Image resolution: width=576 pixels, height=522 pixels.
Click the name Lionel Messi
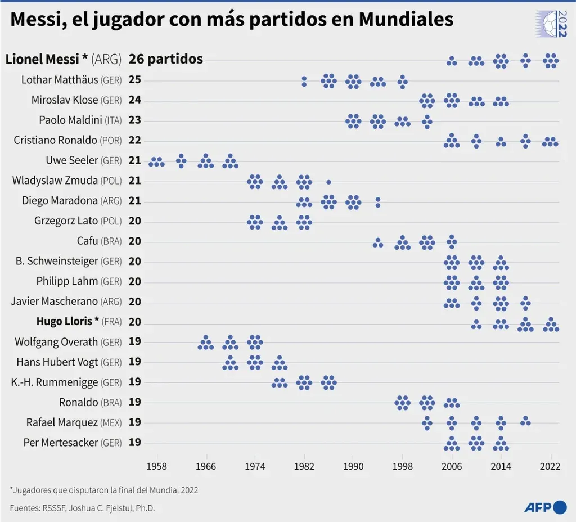click(x=46, y=59)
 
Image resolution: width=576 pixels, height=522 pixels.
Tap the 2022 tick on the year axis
click(x=550, y=466)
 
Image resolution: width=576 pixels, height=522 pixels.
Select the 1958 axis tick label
click(x=156, y=466)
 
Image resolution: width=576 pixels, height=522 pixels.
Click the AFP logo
click(x=544, y=507)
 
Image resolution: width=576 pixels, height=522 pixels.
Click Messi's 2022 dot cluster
click(x=551, y=60)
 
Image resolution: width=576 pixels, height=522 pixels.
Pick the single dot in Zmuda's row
click(x=328, y=182)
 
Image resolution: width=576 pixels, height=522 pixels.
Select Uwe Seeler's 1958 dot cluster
click(x=156, y=162)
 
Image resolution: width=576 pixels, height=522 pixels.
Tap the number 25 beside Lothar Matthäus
click(x=134, y=80)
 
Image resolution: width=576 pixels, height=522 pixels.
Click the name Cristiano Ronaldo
click(x=55, y=140)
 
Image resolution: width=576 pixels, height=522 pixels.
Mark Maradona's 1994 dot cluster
click(x=378, y=202)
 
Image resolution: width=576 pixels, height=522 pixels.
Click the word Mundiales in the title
click(x=406, y=20)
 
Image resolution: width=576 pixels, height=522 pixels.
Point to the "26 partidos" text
click(x=166, y=59)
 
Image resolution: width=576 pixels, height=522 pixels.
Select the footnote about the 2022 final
click(x=103, y=490)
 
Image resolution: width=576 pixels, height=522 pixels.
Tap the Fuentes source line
click(x=82, y=508)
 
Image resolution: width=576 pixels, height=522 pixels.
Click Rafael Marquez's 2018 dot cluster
click(x=525, y=421)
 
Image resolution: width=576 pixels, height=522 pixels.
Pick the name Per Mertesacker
click(x=61, y=443)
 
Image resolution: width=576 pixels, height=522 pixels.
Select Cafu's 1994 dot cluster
click(x=378, y=242)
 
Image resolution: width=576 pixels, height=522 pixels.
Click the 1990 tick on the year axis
click(x=353, y=466)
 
